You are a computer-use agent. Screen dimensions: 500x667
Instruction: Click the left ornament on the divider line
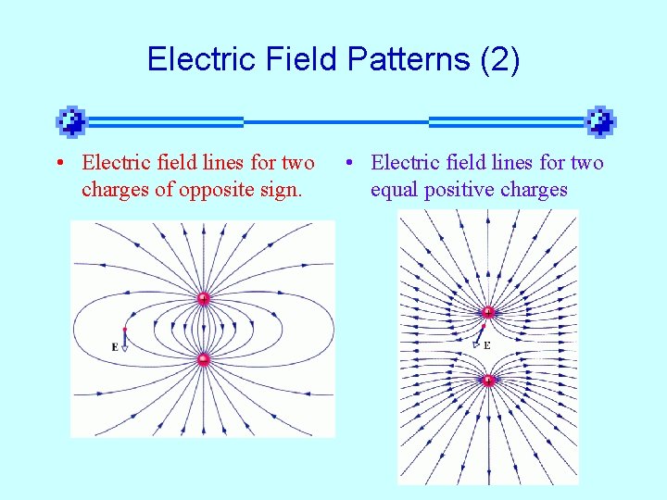(71, 121)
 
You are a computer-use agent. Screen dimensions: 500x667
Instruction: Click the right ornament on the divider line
(600, 121)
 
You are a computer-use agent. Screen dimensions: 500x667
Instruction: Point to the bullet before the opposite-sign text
(59, 164)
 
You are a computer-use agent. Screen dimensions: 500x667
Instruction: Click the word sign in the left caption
(287, 190)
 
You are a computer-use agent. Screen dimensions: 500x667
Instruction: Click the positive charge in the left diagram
(203, 299)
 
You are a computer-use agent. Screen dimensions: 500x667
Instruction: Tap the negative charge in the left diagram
(203, 358)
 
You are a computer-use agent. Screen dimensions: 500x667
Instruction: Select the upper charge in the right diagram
(487, 312)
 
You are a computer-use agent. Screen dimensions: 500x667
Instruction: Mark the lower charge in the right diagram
(487, 379)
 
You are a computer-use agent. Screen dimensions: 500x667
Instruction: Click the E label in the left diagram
(114, 347)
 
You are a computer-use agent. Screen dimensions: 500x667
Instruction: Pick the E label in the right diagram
(486, 345)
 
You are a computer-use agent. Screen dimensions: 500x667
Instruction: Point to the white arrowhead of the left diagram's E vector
(124, 348)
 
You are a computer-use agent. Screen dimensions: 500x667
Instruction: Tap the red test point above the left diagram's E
(124, 330)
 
